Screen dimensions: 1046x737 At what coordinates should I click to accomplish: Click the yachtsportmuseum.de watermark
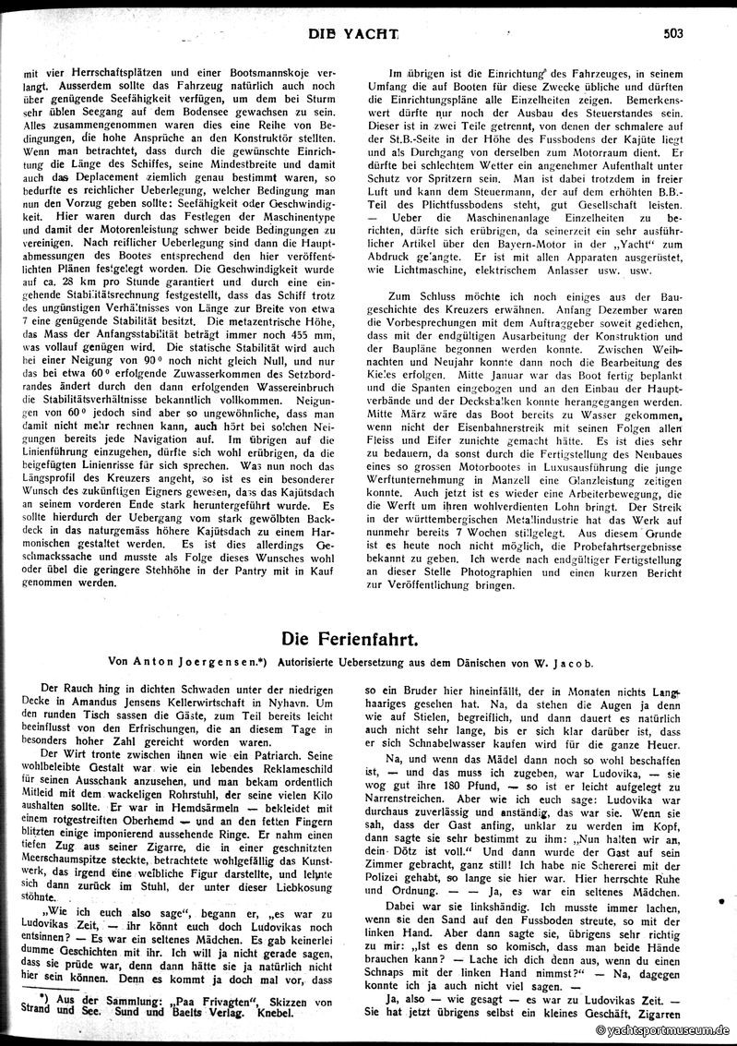tap(662, 1030)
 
